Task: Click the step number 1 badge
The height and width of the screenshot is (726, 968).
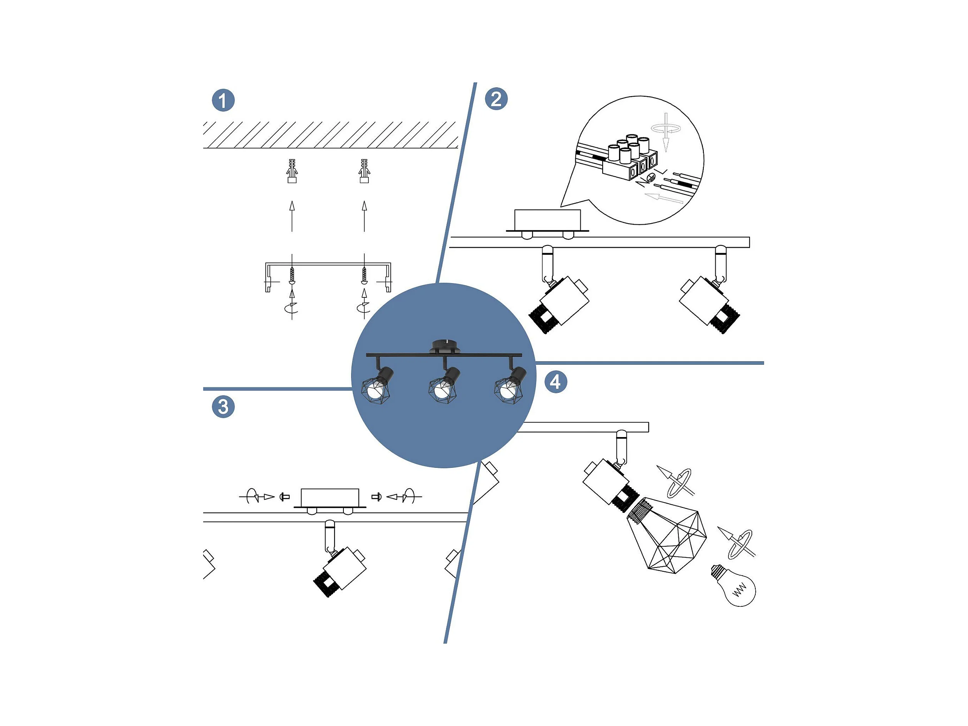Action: [x=223, y=100]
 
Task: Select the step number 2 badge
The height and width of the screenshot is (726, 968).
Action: [x=496, y=98]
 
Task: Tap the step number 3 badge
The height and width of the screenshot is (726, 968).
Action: [x=223, y=407]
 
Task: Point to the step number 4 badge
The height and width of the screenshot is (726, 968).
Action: [x=556, y=382]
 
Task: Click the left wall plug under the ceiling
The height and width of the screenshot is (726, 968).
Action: [x=292, y=171]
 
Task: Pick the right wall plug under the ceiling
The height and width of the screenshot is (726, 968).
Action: [x=364, y=171]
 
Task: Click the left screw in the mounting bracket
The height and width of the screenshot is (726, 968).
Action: [x=292, y=276]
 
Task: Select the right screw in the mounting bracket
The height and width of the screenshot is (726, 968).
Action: [x=364, y=276]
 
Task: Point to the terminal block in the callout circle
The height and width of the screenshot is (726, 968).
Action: [x=630, y=158]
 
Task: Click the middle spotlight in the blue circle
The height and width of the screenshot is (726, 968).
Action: [x=445, y=384]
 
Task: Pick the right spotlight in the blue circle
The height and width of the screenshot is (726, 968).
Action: [x=510, y=384]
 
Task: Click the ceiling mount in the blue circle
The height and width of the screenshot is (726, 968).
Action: [x=445, y=346]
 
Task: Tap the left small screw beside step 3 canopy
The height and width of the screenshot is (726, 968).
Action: [x=285, y=497]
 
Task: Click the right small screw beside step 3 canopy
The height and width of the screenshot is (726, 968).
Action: [x=376, y=497]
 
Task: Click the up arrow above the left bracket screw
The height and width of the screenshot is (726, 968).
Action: [x=292, y=216]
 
